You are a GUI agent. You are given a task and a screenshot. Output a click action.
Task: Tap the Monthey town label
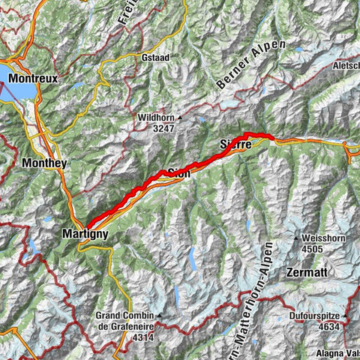click(45, 163)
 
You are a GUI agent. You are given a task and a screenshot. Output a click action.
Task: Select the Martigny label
click(85, 235)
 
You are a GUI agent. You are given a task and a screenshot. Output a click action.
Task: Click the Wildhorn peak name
click(155, 118)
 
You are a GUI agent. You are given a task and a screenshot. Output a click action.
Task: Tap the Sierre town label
click(235, 143)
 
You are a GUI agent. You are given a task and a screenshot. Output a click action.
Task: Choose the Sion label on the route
click(178, 172)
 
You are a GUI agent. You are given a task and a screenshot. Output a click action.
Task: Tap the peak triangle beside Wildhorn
click(180, 118)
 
